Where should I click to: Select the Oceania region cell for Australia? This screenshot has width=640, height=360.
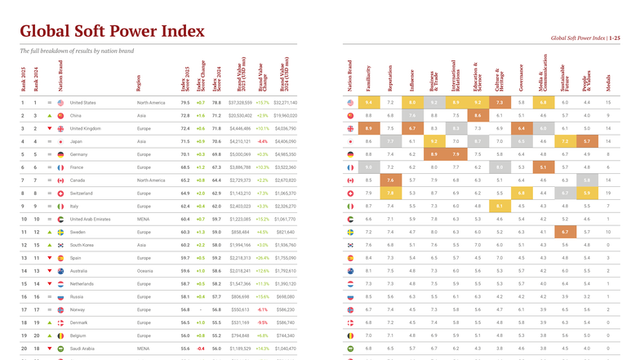145,271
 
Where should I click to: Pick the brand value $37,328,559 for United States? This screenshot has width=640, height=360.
240,103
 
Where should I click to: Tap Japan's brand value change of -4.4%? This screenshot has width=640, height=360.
262,141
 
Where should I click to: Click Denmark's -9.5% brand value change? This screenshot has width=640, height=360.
262,322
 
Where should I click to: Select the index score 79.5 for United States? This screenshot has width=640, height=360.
185,103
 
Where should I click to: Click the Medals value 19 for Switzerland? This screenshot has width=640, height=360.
607,193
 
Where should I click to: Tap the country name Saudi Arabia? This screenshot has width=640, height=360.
83,349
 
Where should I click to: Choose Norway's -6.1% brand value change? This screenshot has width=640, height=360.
262,309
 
